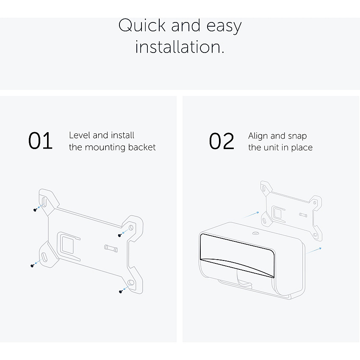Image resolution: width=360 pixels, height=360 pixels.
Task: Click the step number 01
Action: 40,141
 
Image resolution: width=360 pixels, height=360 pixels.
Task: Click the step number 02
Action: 222,141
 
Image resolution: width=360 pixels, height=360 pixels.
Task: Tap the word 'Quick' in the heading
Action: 142,25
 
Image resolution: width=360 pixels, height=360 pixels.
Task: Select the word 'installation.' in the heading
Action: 180,47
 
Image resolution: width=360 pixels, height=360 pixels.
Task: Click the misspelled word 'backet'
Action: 142,147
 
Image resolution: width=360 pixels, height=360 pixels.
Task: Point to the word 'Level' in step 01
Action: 79,135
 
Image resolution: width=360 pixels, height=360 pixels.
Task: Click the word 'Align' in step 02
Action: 258,136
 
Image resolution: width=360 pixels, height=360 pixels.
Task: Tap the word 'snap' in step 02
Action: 297,136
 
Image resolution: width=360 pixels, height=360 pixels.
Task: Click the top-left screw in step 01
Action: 35,210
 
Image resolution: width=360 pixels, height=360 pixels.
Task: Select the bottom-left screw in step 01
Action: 32,266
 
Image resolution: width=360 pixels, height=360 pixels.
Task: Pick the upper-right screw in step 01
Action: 119,235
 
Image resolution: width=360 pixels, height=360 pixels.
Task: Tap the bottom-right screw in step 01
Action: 121,291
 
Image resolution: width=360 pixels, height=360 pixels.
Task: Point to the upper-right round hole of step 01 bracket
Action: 131,228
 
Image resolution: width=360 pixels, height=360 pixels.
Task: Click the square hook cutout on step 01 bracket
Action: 68,246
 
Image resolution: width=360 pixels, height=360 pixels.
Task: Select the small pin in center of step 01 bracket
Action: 111,249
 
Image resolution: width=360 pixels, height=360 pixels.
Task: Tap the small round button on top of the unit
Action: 255,233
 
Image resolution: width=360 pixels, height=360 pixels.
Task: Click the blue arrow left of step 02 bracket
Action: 250,215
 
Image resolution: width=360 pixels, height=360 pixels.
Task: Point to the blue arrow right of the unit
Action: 313,250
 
